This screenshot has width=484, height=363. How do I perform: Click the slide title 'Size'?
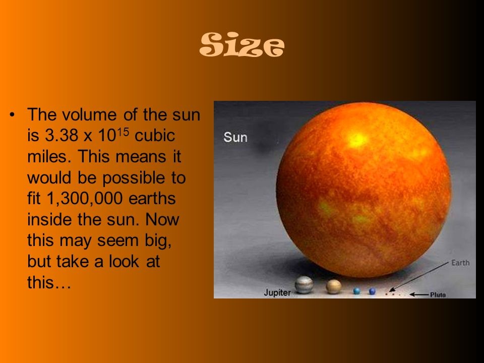point(242,46)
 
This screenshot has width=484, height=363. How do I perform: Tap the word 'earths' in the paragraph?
point(152,199)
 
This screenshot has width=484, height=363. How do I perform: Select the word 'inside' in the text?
point(50,220)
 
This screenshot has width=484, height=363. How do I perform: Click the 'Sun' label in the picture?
point(235,137)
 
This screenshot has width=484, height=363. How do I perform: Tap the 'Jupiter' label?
point(277,292)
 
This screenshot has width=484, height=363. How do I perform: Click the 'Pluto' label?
point(438,294)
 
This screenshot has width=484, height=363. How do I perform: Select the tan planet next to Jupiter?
point(333,286)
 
